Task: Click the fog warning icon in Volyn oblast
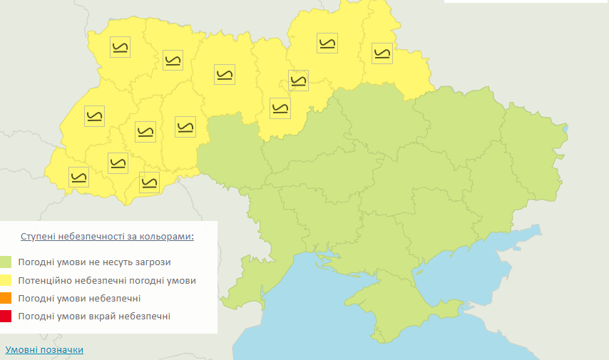(x=120, y=47)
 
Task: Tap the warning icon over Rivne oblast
(x=173, y=59)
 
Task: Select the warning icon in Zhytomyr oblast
(x=224, y=74)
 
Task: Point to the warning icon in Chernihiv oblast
(x=327, y=43)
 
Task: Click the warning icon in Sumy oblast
(x=382, y=52)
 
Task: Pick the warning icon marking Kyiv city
(x=298, y=81)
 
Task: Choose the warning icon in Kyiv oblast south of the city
(x=280, y=108)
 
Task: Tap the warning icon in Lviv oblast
(x=94, y=116)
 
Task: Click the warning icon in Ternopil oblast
(x=145, y=132)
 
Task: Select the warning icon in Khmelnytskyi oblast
(x=185, y=126)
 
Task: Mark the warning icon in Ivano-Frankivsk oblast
(x=118, y=162)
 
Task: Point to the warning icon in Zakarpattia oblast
(x=79, y=176)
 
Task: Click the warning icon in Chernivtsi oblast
(x=149, y=182)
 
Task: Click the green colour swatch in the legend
(x=6, y=262)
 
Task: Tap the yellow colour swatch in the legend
(x=6, y=280)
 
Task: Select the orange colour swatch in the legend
(x=6, y=298)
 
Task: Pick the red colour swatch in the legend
(x=6, y=316)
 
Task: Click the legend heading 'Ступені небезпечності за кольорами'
(x=108, y=236)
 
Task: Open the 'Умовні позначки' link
(x=44, y=349)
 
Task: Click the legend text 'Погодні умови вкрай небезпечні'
(x=95, y=316)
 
